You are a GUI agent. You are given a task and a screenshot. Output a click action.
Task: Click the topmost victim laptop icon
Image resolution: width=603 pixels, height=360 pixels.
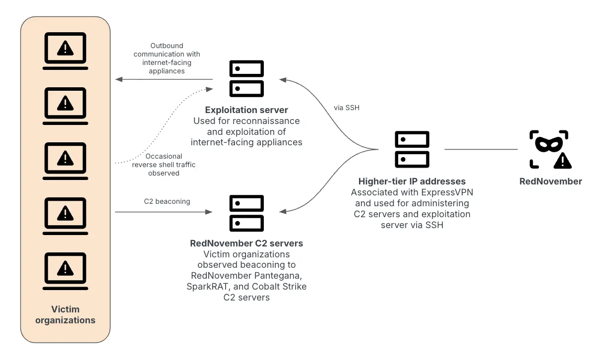(x=65, y=50)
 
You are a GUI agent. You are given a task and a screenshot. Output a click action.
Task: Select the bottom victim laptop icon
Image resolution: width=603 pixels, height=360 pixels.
(x=65, y=271)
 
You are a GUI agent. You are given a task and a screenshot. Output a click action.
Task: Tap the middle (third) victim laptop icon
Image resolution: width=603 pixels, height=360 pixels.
(x=65, y=161)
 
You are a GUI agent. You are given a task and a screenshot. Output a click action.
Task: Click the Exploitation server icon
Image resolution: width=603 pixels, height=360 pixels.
(x=246, y=79)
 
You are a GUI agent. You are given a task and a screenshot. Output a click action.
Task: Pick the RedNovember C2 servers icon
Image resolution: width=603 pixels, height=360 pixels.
(x=246, y=213)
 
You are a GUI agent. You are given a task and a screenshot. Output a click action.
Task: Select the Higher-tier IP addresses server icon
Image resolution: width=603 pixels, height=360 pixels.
(x=412, y=149)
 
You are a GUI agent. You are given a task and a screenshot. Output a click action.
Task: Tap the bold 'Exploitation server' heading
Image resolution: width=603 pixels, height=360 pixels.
(x=246, y=110)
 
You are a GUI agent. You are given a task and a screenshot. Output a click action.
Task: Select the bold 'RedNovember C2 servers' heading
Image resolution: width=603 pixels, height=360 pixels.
(x=246, y=243)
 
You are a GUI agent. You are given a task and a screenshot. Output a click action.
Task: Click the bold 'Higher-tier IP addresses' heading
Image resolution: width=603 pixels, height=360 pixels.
(x=412, y=181)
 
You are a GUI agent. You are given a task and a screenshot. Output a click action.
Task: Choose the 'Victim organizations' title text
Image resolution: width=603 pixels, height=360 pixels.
(x=65, y=314)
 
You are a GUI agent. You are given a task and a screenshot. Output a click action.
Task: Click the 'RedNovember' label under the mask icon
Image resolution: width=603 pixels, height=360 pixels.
(x=550, y=181)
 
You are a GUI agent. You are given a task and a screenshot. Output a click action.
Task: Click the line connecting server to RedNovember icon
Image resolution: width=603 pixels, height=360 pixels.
(x=481, y=149)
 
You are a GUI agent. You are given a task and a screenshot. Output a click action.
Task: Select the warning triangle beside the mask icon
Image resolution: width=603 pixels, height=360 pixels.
(x=562, y=160)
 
